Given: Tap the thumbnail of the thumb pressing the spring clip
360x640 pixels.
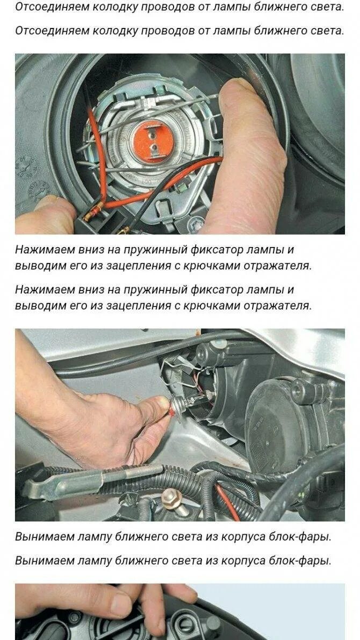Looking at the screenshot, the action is point(236,88).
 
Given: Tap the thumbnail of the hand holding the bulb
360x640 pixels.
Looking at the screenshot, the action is point(163,402).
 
